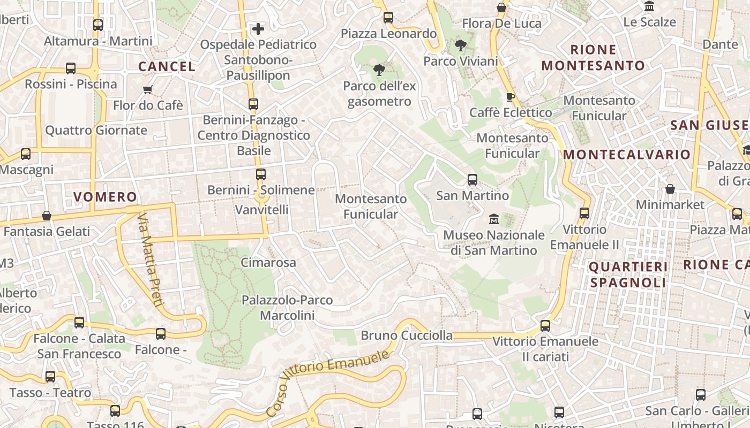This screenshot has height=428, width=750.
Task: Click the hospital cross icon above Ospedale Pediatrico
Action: (258, 29)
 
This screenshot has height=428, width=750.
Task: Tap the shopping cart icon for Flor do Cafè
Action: (148, 90)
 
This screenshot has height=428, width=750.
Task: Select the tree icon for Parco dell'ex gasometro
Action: (379, 70)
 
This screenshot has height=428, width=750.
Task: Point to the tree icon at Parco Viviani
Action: (460, 45)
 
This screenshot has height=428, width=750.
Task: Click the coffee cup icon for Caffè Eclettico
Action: (510, 97)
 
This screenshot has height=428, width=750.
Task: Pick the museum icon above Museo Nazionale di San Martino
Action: (493, 219)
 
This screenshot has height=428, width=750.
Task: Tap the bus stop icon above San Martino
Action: (472, 180)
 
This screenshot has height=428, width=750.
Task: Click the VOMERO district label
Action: (106, 197)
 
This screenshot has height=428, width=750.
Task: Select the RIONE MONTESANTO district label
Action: (593, 58)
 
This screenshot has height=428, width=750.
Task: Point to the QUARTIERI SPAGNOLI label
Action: (628, 274)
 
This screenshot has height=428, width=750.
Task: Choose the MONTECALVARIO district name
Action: (627, 155)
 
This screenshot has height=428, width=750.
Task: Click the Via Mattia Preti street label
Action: (149, 260)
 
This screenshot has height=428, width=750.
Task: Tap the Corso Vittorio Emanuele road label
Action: (327, 382)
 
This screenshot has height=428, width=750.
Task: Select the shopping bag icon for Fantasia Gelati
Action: (47, 216)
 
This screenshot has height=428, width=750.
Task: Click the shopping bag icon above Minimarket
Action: (670, 189)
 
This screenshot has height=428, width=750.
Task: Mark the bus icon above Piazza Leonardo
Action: (388, 18)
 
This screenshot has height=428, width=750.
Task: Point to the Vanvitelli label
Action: (262, 210)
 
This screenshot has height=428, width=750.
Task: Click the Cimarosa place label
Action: (268, 263)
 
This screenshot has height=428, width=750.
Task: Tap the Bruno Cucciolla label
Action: (407, 336)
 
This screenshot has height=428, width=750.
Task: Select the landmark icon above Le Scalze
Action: (650, 6)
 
